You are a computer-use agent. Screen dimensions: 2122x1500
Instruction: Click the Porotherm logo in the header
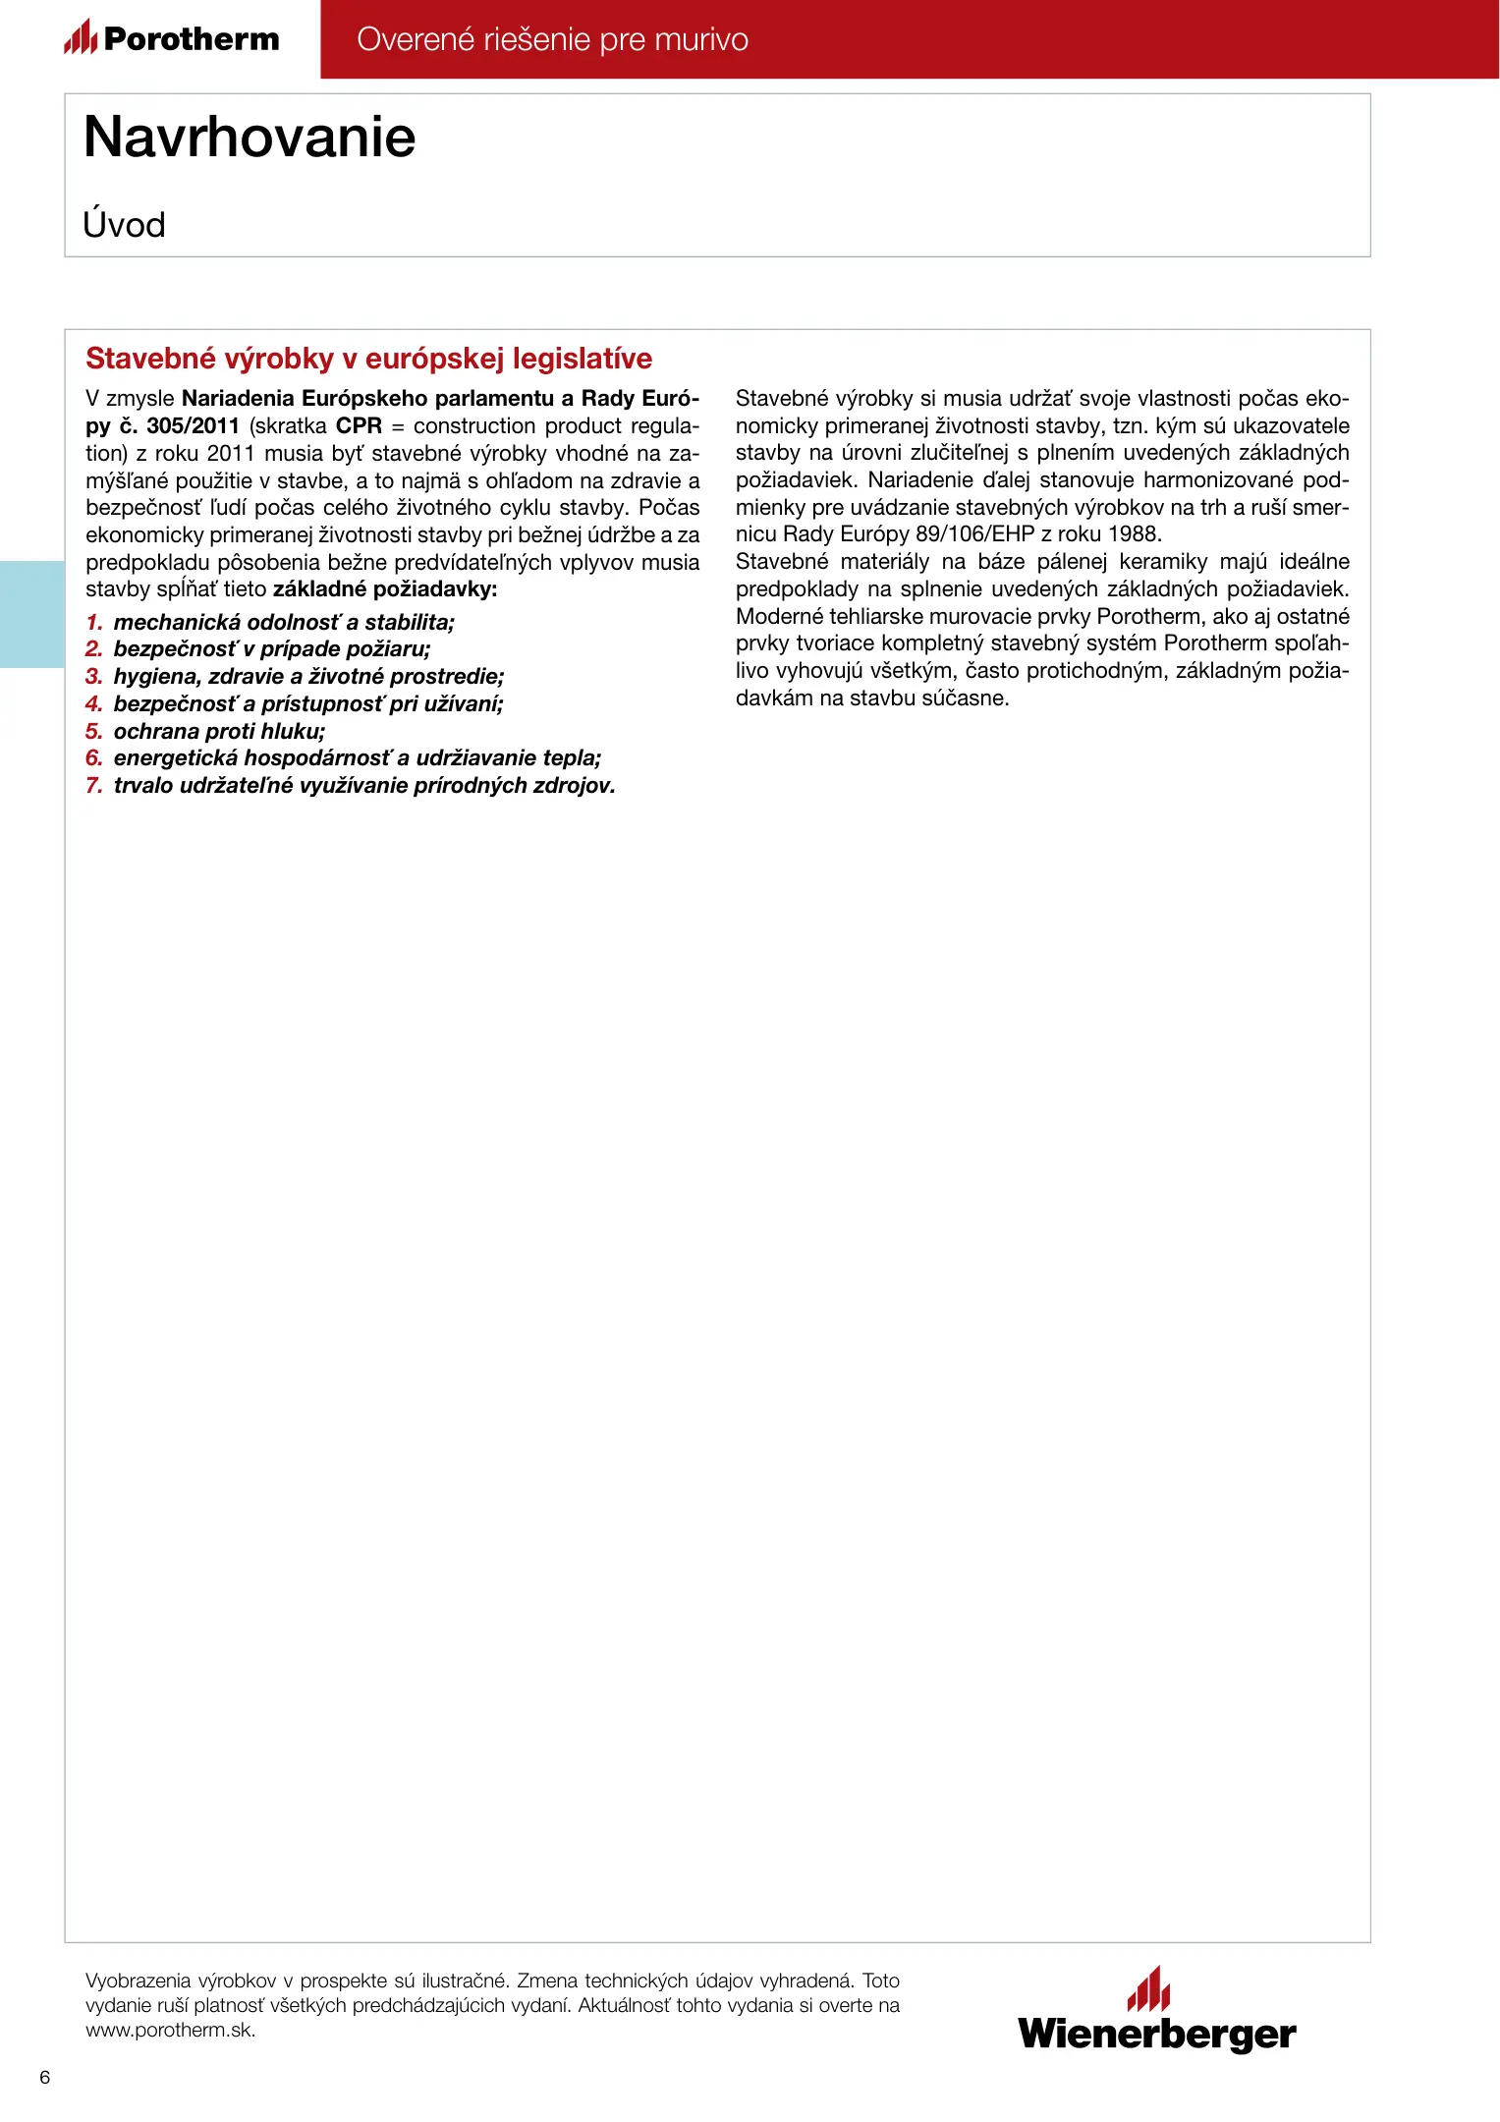point(172,38)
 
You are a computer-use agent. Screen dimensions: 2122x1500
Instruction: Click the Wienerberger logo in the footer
point(1156,2012)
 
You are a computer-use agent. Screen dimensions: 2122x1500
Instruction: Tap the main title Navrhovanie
point(250,137)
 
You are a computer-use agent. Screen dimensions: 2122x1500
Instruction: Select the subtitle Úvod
point(124,225)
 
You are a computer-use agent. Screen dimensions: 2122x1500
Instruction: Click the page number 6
point(44,2077)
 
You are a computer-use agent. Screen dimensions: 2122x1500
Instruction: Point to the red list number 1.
point(94,623)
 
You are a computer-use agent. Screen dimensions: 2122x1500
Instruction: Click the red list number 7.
point(94,786)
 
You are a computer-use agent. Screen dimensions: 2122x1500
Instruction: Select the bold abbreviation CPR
point(359,426)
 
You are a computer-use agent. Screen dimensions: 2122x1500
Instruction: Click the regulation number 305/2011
point(193,426)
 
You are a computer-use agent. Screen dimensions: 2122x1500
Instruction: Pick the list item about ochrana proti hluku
point(219,732)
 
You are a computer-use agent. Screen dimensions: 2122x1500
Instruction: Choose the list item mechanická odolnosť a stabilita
point(284,623)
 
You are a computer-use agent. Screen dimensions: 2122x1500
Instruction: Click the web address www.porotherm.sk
point(170,2031)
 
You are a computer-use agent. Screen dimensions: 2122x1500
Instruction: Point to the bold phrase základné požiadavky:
point(385,589)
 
